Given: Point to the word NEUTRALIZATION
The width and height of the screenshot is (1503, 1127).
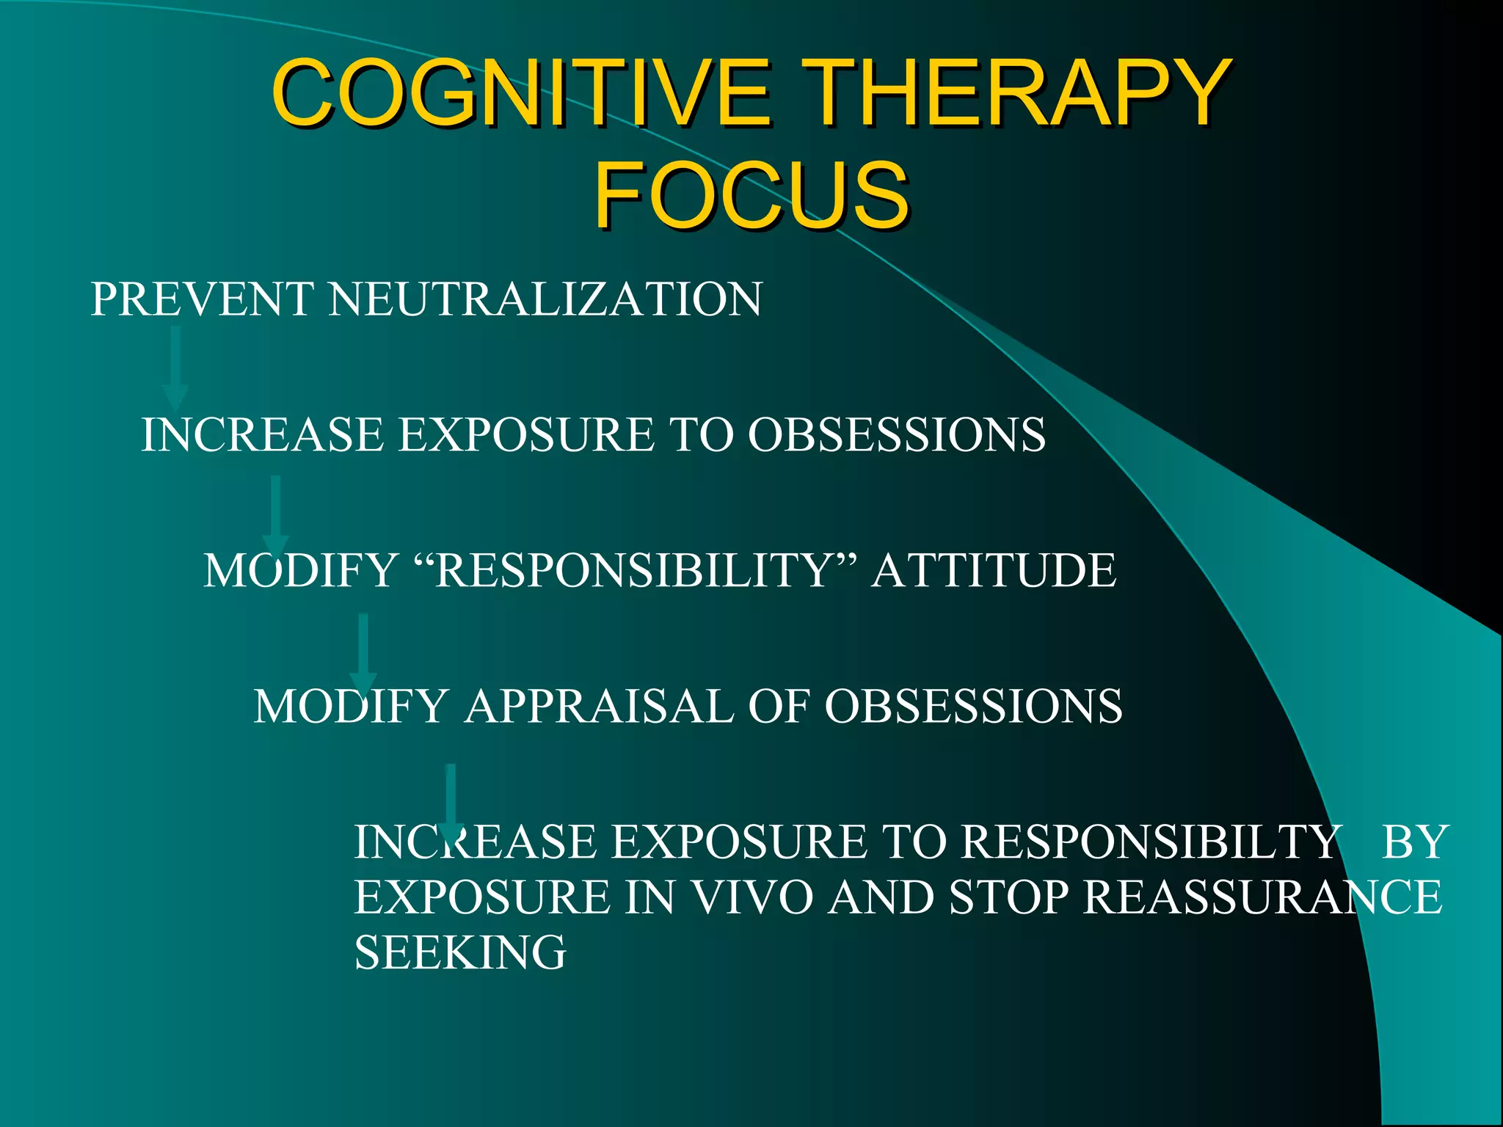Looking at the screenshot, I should [545, 299].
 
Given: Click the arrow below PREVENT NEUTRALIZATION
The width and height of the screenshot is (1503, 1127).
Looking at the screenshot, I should [175, 367].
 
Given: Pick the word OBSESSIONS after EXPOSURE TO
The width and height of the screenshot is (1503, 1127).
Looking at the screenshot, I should [896, 434].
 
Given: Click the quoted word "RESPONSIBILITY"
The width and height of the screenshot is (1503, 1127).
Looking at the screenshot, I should [636, 570].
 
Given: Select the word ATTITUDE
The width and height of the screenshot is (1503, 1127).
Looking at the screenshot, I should [994, 570].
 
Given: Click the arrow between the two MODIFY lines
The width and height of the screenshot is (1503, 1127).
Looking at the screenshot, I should [363, 653].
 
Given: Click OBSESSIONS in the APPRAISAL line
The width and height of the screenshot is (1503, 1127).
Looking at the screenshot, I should [973, 706].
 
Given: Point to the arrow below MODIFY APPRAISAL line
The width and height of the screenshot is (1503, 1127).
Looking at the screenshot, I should [451, 802].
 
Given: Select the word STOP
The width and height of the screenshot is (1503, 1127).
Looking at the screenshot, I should [1009, 897].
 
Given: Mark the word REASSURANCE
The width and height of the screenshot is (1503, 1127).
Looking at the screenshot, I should [1263, 897].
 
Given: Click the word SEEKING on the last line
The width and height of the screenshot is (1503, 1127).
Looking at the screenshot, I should [460, 952].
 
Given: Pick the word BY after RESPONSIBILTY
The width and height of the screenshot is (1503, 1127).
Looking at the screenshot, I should [1414, 842].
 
